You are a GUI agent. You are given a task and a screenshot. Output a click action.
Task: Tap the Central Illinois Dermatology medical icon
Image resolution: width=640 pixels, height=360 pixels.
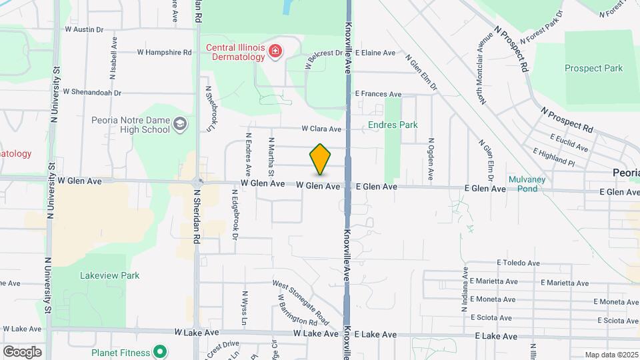coord(274,51)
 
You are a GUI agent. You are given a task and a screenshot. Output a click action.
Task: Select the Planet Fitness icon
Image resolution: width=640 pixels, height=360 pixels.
coord(159,351)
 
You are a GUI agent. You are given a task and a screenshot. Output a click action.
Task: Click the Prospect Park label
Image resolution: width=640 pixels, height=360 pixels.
coord(593,68)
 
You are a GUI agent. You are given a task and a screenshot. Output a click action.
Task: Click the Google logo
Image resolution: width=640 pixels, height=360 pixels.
coord(22,351)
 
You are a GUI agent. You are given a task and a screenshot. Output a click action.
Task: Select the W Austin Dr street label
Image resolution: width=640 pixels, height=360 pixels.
coord(84,29)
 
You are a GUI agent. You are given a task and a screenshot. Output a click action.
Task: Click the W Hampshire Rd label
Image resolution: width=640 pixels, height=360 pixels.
coord(164,52)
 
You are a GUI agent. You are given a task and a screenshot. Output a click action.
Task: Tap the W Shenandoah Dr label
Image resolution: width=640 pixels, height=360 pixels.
coord(91,92)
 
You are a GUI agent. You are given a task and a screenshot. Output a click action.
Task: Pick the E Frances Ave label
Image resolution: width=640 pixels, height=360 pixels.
coord(378,95)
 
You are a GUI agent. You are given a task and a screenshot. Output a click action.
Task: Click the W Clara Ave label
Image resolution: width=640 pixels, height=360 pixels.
coord(321,129)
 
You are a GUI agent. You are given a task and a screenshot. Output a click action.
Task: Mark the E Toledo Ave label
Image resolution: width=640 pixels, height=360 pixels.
coord(518,264)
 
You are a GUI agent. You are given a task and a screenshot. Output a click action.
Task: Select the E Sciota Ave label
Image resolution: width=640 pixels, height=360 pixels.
coord(493,318)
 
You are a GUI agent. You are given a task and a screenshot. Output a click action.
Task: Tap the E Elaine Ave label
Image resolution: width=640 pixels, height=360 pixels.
coord(375,53)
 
